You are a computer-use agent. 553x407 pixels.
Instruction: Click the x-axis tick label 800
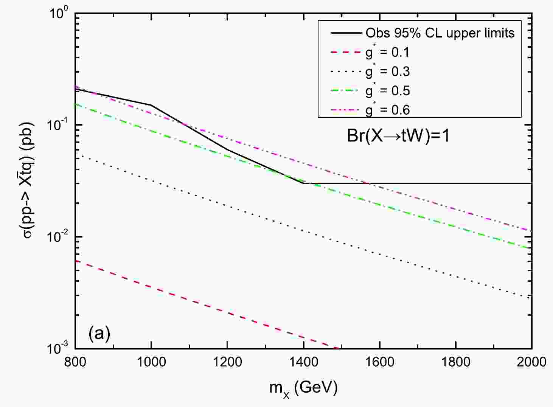75,362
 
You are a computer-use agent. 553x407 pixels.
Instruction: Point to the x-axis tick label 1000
151,362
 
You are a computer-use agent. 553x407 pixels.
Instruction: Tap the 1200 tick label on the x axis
227,362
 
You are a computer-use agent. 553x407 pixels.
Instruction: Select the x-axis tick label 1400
303,362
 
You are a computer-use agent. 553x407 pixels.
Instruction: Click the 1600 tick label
379,362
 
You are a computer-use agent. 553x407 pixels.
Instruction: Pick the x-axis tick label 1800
455,362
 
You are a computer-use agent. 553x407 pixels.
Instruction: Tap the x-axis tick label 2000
531,362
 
